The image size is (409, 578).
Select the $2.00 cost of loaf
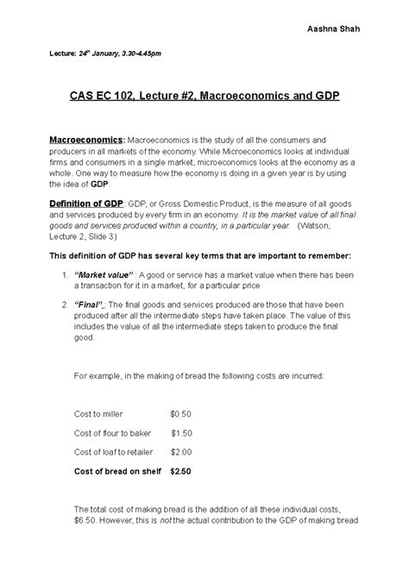(x=181, y=451)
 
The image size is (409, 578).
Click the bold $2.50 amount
(x=181, y=471)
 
